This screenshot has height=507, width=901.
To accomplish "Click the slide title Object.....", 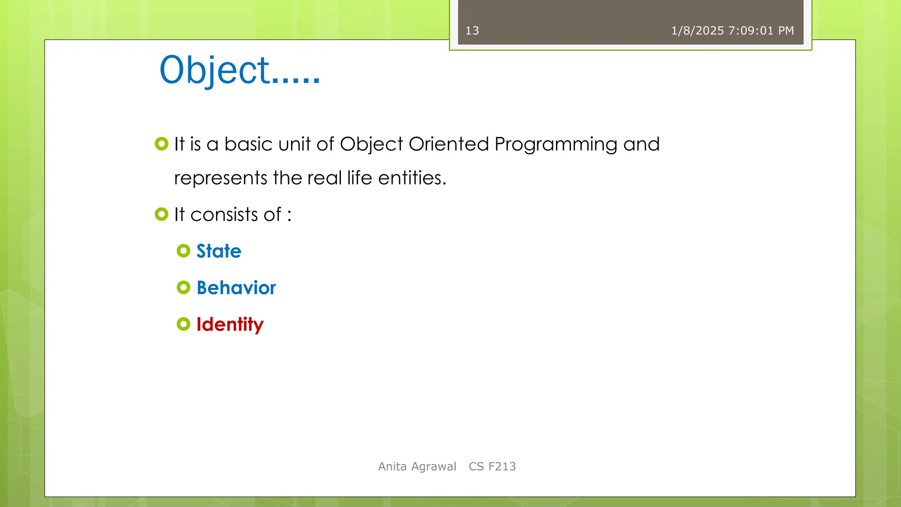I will point(240,70).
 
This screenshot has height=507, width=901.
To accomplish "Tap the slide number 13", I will point(472,31).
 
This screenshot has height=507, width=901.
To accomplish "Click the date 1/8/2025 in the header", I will point(697,31).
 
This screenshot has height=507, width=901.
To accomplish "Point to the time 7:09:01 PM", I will point(761,31).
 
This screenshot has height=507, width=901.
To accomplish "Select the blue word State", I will point(219,251).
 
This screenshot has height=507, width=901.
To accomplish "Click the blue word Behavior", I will point(236,288).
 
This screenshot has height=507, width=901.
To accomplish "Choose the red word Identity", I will point(230,325).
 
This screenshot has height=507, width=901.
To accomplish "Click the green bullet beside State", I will point(183,251).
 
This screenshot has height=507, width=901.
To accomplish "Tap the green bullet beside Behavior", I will point(183,287).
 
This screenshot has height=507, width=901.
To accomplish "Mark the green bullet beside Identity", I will point(183,324).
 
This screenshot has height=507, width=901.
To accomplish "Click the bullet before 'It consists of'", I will point(161,214).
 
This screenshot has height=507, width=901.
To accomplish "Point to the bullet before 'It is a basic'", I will point(161,144).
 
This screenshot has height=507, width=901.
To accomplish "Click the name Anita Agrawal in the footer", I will point(417,467).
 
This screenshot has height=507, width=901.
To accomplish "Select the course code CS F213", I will point(492,467).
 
